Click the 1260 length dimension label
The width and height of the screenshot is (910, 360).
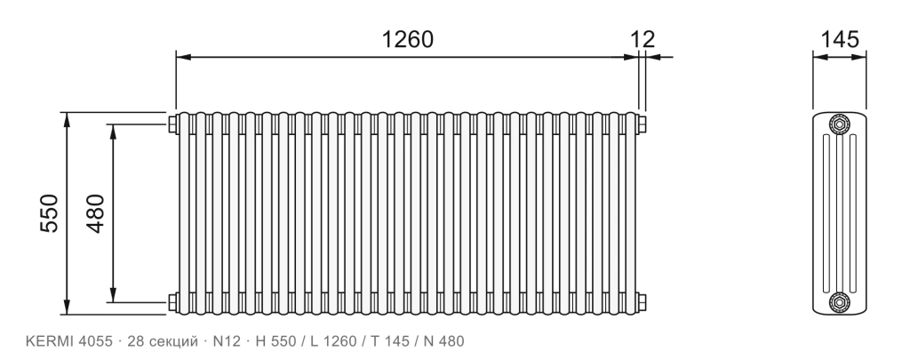407,39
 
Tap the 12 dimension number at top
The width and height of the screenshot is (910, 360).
643,39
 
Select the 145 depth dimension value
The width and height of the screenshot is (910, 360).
839,39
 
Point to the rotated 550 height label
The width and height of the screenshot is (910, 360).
50,213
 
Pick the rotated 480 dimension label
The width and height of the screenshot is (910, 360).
96,213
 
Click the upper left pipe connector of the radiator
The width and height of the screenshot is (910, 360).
173,124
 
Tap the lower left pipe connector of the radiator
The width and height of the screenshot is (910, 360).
173,302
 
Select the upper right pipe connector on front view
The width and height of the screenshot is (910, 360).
642,124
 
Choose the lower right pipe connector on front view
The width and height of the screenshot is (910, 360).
642,302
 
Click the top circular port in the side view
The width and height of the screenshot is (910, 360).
839,124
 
